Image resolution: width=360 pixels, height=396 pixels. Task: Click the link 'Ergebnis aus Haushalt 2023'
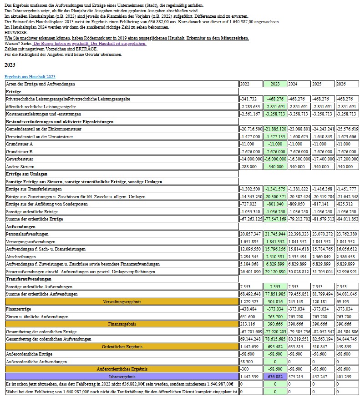[x=30, y=77]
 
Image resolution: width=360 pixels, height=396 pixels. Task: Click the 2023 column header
[x=275, y=84]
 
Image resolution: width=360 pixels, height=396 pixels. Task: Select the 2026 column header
[x=341, y=84]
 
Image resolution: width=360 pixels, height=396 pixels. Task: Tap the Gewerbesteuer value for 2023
[x=275, y=159]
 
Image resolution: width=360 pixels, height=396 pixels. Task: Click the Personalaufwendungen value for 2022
[x=250, y=234]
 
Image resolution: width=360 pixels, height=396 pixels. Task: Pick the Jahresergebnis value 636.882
[x=275, y=377]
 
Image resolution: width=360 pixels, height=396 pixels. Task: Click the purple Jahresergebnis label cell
[x=122, y=377]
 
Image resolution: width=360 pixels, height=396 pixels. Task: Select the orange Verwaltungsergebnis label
[x=122, y=301]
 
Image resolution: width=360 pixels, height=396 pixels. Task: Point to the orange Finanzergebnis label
[x=122, y=324]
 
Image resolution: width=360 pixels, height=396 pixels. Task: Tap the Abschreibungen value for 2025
[x=323, y=256]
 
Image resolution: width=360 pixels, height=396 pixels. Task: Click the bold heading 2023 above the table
[x=10, y=65]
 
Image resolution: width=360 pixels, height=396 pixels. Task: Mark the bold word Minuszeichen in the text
[x=235, y=38]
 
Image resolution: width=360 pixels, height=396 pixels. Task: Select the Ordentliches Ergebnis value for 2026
[x=347, y=346]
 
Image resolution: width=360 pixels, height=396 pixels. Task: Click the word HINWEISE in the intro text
[x=16, y=33]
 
